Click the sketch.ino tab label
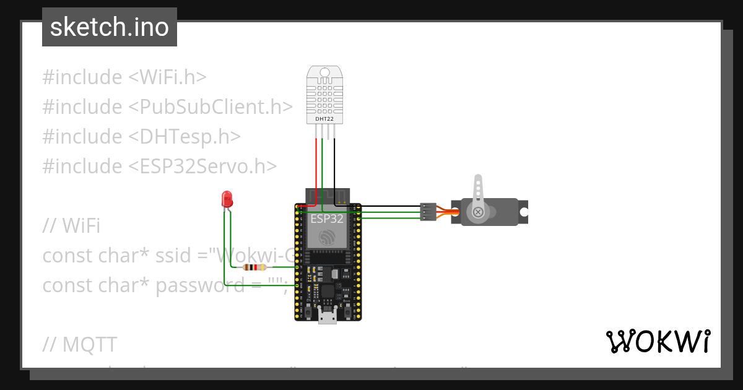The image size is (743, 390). click(110, 27)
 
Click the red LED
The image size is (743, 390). click(227, 199)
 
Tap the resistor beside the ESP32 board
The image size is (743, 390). click(254, 267)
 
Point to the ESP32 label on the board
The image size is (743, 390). click(328, 219)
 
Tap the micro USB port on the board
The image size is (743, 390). click(327, 317)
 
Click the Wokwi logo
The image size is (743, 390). click(658, 341)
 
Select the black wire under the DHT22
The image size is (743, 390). click(335, 167)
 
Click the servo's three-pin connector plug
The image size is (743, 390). click(428, 212)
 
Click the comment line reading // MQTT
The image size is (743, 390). click(80, 344)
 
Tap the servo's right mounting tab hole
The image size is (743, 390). click(523, 212)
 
